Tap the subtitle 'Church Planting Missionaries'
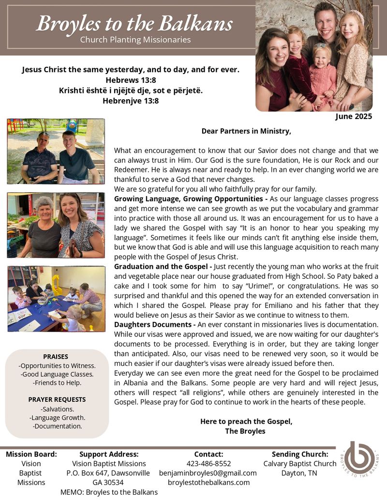pos(135,40)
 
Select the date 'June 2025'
pos(354,116)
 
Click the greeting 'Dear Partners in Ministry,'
pos(246,131)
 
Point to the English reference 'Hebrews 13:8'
pos(130,80)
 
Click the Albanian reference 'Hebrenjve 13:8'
pos(131,101)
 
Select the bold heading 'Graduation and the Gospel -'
pos(163,267)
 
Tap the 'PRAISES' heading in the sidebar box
pos(56,356)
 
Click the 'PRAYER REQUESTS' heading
pos(57,399)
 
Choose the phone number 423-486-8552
pos(208,463)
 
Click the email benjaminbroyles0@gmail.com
pos(208,473)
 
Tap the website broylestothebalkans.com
pos(208,482)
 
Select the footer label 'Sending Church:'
pos(300,454)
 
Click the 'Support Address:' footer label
pos(109,454)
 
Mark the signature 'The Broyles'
pos(245,431)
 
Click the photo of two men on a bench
pos(56,151)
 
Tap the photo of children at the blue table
pos(56,298)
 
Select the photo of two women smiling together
pos(56,225)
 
